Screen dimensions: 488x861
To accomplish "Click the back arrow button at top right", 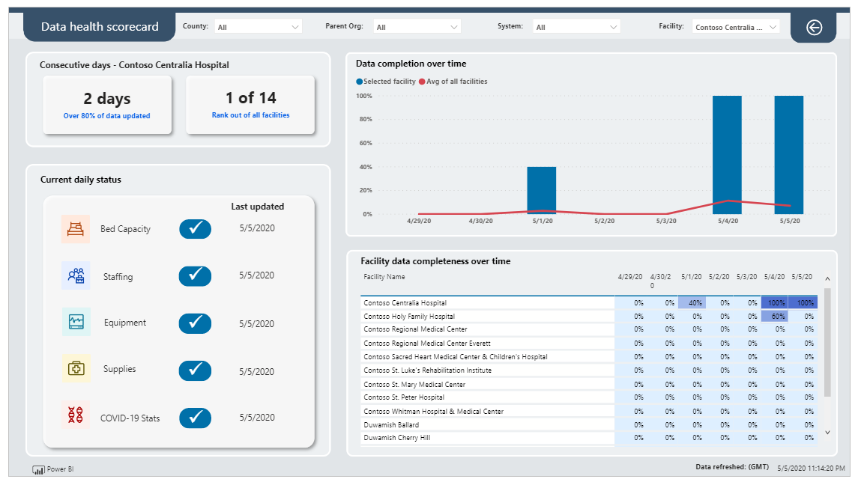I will [814, 27].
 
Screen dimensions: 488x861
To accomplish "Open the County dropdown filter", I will [259, 27].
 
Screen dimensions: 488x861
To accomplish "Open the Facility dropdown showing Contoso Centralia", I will [736, 27].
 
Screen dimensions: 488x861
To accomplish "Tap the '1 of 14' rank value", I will [250, 98].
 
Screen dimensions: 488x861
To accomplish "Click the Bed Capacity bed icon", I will [76, 229].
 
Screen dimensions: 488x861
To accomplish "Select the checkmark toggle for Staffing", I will [195, 276].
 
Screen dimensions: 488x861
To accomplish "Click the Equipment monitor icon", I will [76, 322].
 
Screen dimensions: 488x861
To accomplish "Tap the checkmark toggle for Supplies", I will [195, 370].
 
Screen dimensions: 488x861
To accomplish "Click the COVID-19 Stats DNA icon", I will [76, 415].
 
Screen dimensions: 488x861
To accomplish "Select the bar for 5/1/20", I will [541, 190].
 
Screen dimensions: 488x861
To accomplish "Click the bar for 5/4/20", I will [727, 154].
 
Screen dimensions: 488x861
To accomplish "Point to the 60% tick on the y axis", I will [364, 143].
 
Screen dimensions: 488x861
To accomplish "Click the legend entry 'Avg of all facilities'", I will [456, 82].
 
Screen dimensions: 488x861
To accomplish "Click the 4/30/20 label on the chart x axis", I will [480, 222].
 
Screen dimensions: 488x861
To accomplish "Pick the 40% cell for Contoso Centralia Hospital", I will [692, 303].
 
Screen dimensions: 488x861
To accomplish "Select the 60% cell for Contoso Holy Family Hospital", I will [775, 317].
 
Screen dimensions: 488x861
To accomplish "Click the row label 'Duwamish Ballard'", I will [390, 425].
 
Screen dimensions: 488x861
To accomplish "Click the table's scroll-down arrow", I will [827, 433].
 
